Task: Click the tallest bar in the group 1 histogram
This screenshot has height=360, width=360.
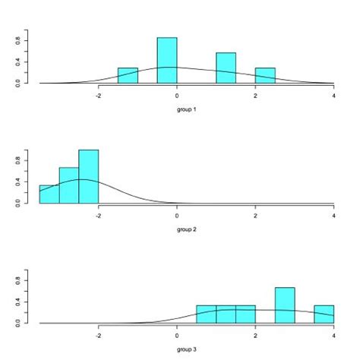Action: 167,60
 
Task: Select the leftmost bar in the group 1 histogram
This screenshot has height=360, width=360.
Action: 128,75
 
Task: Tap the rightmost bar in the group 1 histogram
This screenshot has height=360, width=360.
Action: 265,75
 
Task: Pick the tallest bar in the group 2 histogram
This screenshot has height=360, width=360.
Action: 89,176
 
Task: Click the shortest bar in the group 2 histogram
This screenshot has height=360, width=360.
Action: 49,194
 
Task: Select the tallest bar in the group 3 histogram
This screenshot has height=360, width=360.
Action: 285,305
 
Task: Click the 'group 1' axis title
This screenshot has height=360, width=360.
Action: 187,109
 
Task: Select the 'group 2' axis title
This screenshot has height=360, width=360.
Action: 187,229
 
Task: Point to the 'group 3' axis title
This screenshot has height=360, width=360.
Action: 187,349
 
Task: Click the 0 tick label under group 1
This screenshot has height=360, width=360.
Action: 177,95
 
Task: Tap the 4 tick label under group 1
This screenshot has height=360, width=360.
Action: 334,95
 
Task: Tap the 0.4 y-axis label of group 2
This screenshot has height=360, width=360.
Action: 18,182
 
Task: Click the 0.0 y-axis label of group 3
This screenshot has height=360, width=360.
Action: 18,323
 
